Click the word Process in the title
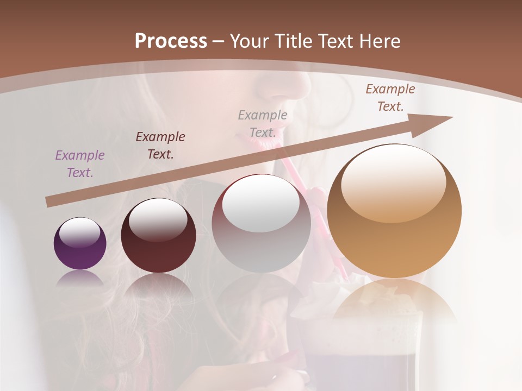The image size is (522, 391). click(171, 41)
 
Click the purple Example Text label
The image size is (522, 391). click(80, 164)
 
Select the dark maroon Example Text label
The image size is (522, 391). click(160, 145)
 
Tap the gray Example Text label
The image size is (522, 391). click(263, 123)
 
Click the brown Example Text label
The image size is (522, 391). click(390, 98)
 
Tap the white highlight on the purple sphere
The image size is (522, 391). click(80, 232)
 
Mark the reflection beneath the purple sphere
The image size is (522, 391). click(80, 279)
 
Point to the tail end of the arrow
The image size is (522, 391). click(49, 203)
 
